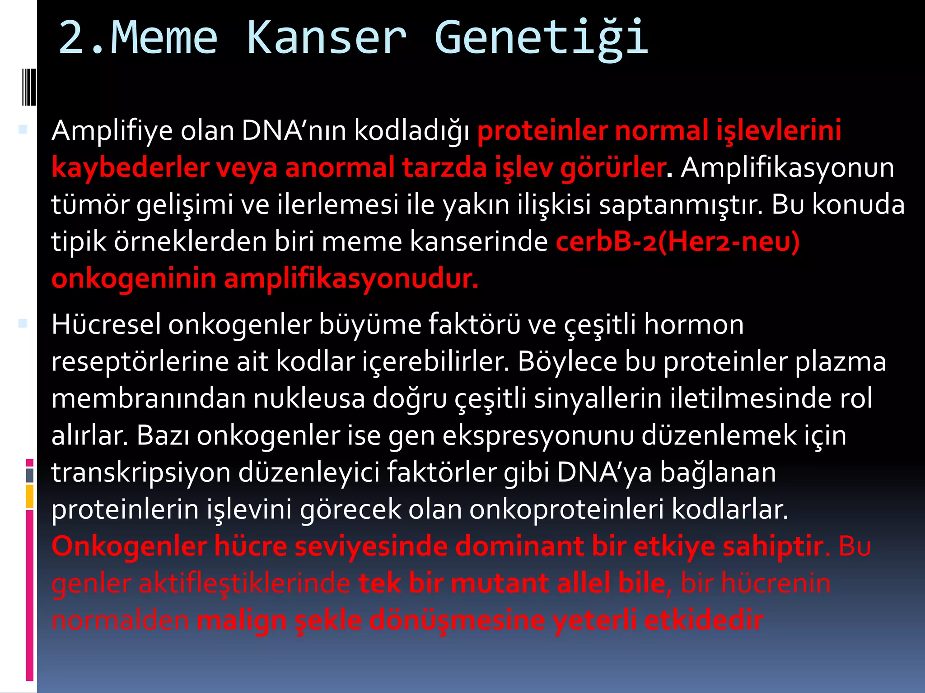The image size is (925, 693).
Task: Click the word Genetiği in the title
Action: click(541, 38)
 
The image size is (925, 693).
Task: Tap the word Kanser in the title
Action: click(326, 38)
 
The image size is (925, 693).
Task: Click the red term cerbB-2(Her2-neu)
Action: click(677, 241)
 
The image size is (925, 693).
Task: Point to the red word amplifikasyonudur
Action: click(351, 278)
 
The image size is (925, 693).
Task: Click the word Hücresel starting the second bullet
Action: click(106, 324)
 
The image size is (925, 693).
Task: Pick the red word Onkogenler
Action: click(129, 546)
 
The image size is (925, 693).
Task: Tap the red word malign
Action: click(242, 620)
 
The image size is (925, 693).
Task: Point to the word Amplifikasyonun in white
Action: click(787, 168)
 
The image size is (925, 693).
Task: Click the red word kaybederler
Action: click(130, 168)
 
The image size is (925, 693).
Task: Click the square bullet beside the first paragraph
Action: click(23, 130)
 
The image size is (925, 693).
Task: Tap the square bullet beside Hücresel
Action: click(23, 323)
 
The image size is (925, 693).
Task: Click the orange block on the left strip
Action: click(30, 496)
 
